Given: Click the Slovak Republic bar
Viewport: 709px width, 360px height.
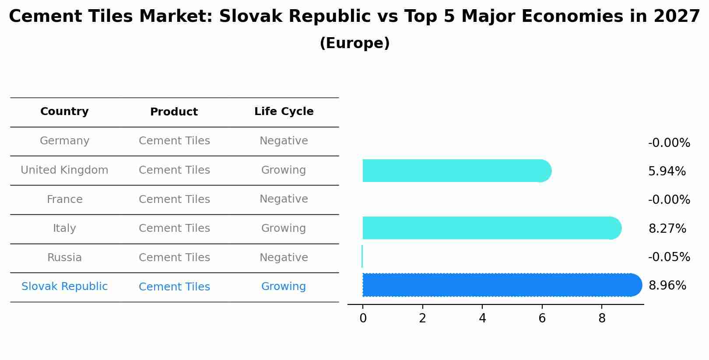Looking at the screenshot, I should tap(499, 285).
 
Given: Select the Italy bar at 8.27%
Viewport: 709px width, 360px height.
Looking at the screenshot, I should tap(490, 228).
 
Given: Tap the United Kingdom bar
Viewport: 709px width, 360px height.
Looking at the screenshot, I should tap(455, 171).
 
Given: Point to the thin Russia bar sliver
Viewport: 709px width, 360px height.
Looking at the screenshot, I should tap(362, 256).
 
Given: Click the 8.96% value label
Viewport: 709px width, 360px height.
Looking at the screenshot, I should tap(667, 286).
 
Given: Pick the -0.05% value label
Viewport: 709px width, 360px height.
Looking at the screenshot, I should tap(669, 257).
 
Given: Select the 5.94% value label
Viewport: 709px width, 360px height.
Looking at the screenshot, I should tap(667, 171).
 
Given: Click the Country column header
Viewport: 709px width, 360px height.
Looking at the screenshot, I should tap(64, 112).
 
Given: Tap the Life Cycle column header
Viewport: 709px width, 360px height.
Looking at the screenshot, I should tap(284, 112).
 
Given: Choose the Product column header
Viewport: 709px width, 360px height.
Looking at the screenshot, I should tap(174, 112).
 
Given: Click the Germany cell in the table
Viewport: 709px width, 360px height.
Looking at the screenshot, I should tap(64, 141).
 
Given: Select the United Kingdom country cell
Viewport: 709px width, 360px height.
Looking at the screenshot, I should tap(64, 170).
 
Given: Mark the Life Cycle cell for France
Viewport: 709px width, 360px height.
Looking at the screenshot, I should tap(284, 199).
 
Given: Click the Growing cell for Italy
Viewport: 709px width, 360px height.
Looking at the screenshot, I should tap(284, 228).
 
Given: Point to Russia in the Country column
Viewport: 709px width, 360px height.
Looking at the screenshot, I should tap(64, 258).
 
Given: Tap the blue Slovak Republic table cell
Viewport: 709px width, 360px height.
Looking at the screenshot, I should tap(64, 287).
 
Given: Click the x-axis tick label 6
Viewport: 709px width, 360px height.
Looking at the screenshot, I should tap(542, 318).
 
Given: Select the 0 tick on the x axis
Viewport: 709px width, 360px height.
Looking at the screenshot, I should tap(363, 318).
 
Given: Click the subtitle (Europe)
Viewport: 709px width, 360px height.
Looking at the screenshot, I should tap(354, 43).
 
